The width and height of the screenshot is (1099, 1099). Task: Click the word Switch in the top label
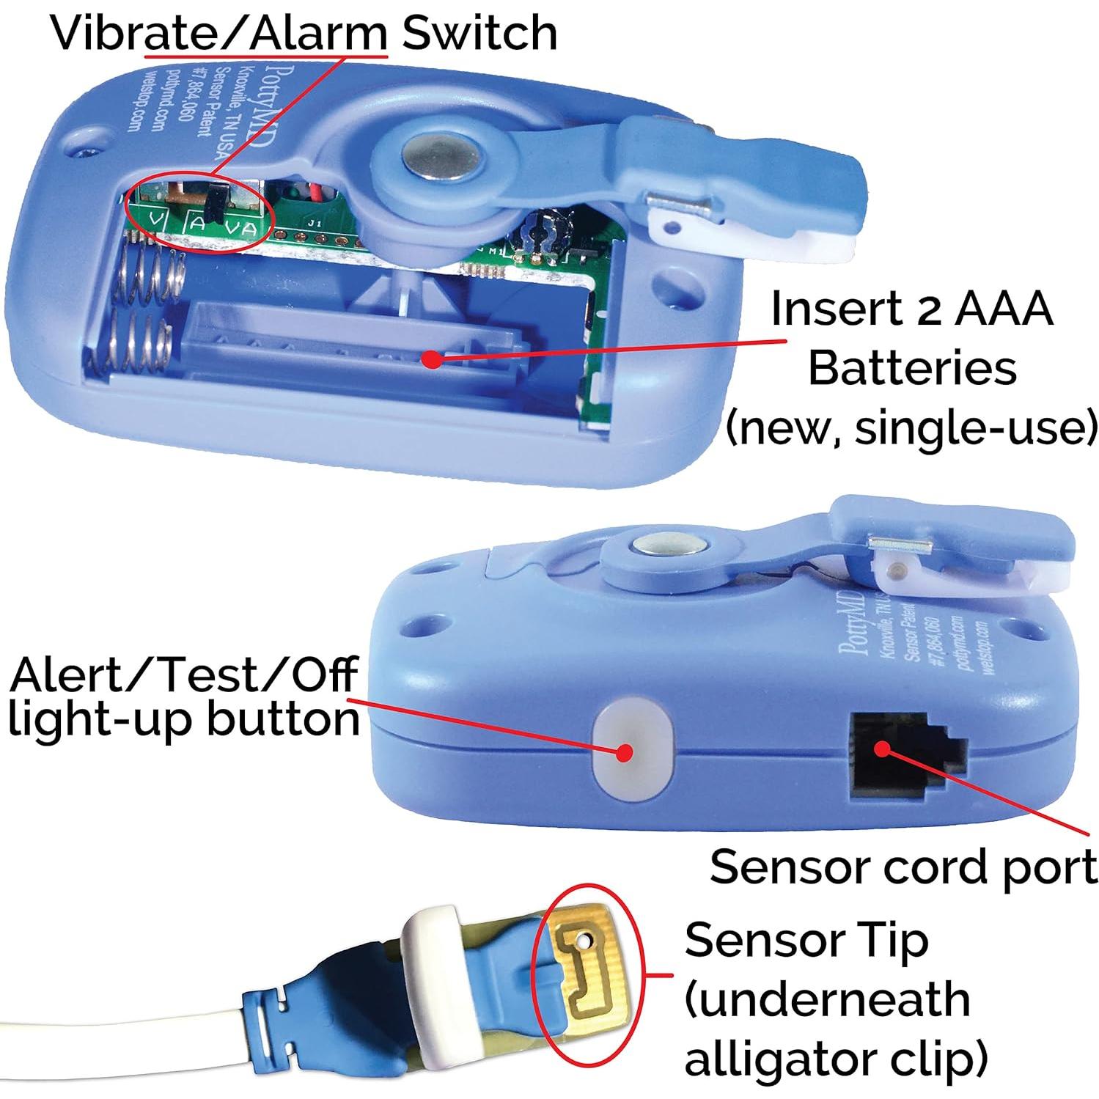coord(479,33)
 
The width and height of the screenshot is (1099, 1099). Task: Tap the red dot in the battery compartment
coord(433,359)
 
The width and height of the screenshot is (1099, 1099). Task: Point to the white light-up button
coord(631,752)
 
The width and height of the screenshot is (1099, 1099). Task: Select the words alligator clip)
coord(835,1059)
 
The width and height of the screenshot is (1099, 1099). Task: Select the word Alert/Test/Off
coord(183,675)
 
